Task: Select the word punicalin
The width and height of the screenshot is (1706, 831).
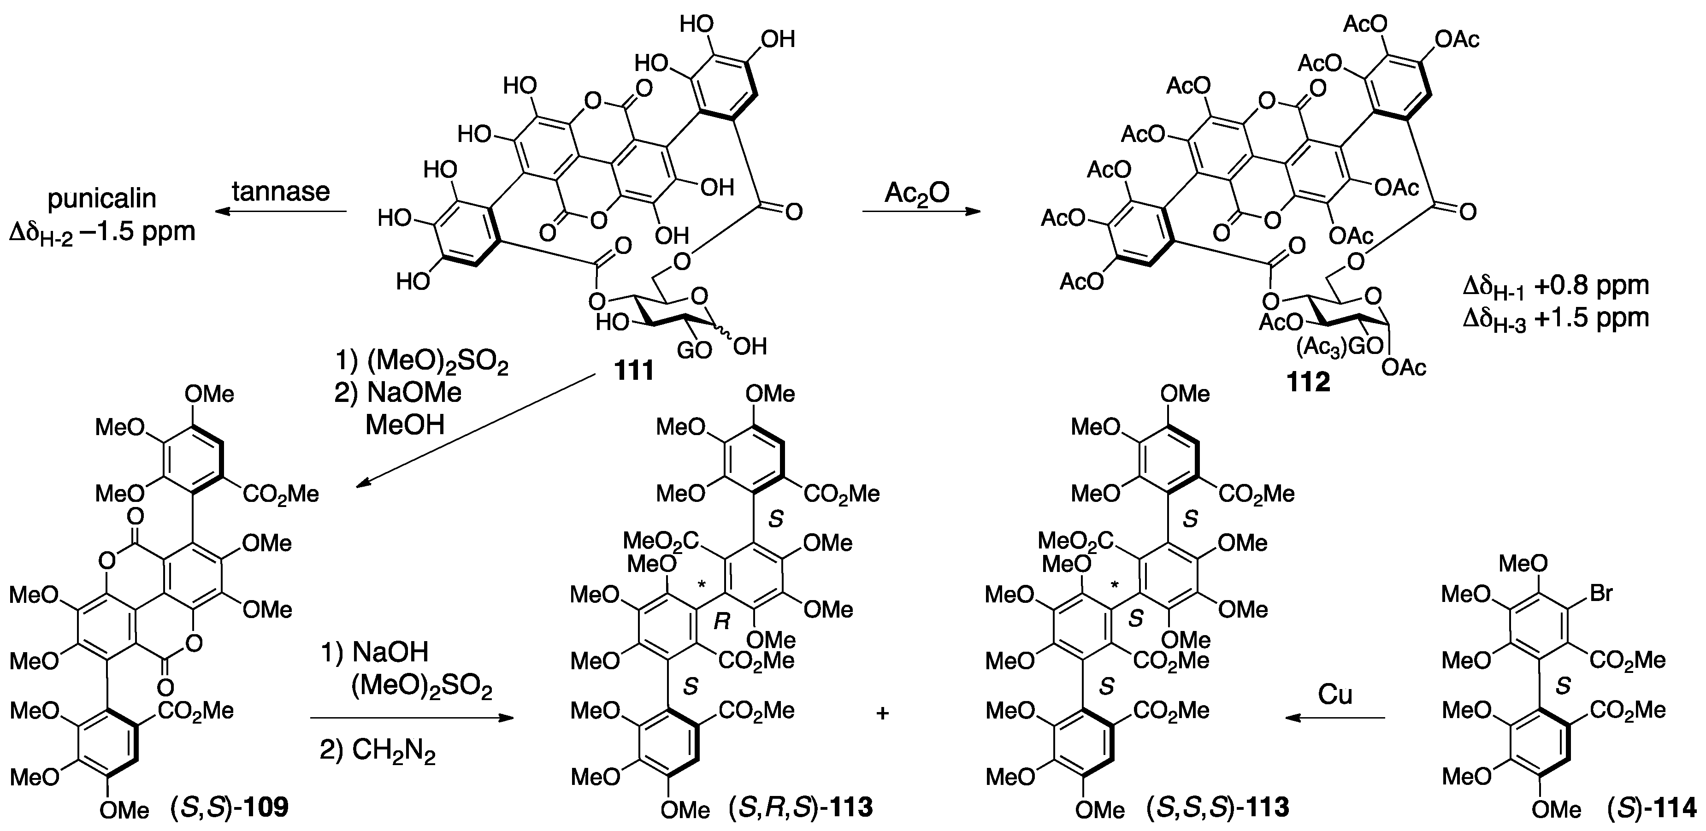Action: tap(102, 199)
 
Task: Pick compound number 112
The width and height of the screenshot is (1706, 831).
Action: tap(1309, 382)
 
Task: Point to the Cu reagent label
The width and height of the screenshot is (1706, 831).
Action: tap(1334, 695)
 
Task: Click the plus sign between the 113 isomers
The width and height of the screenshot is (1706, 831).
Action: tap(882, 713)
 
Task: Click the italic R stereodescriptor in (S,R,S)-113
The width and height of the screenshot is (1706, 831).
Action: tap(722, 622)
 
